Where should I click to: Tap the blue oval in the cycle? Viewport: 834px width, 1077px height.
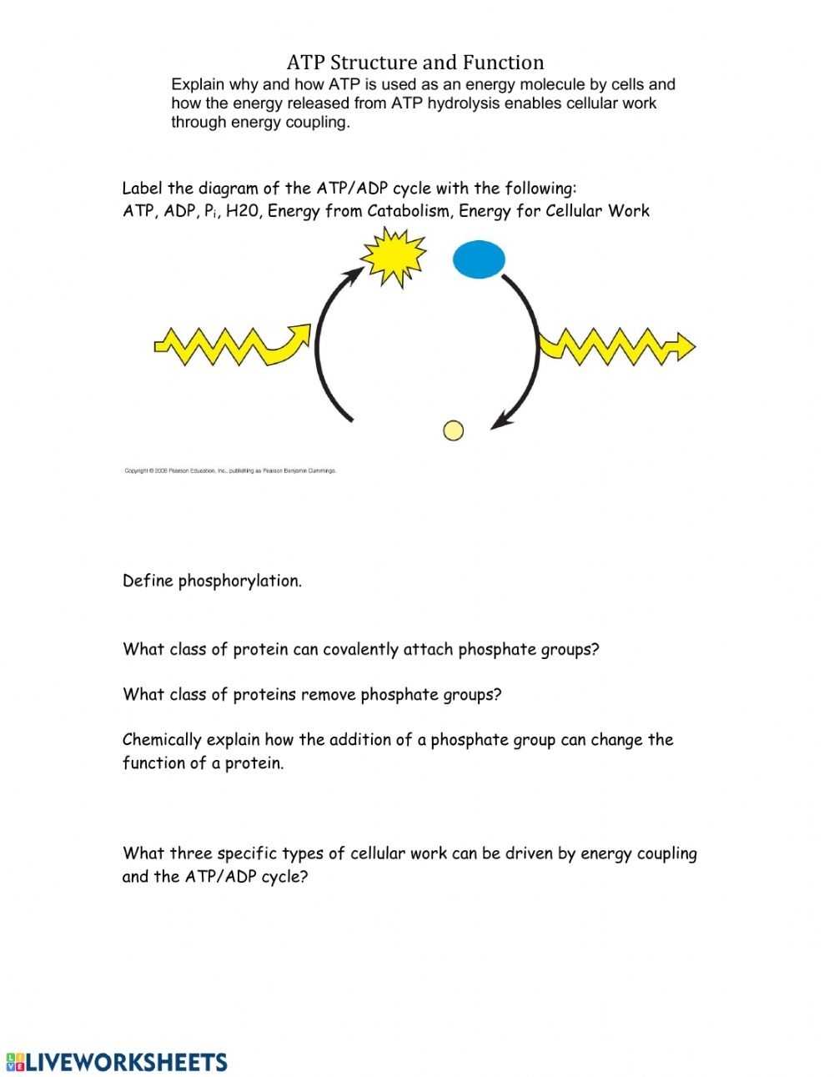click(479, 259)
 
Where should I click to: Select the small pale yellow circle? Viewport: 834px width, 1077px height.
click(453, 430)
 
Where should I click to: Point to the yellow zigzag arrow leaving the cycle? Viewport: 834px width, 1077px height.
click(617, 345)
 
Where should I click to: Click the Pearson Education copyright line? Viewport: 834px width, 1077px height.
click(230, 471)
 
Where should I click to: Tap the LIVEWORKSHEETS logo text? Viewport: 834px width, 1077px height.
click(126, 1062)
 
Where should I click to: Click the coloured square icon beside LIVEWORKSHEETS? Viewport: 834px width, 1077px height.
click(14, 1062)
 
